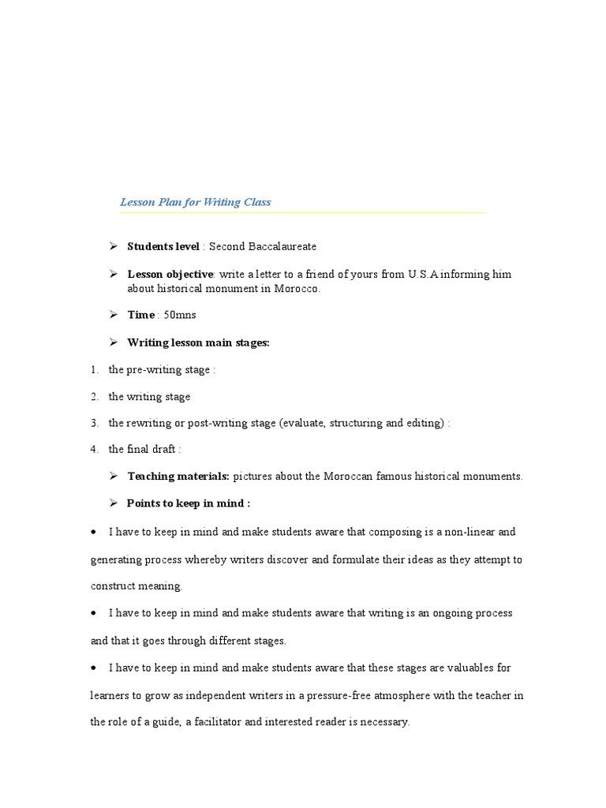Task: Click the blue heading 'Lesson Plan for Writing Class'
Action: click(x=195, y=202)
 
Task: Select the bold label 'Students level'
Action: click(x=163, y=247)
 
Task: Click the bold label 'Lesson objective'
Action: click(x=170, y=275)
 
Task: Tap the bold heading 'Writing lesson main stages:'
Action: click(x=198, y=342)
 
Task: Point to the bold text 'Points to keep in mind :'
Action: click(x=189, y=503)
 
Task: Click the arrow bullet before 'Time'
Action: click(x=112, y=315)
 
